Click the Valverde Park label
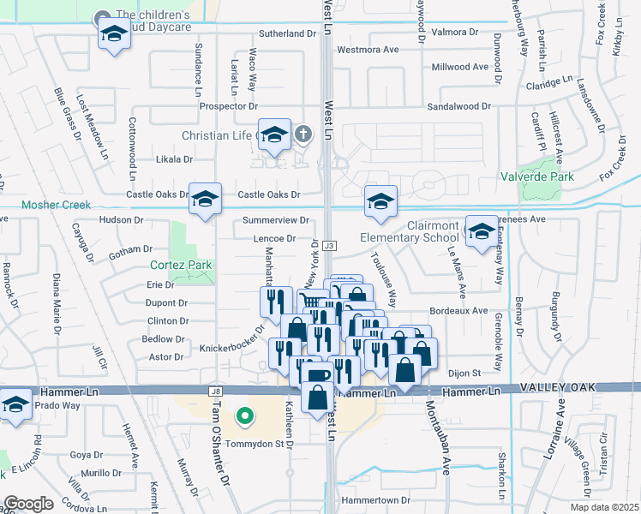coord(538,177)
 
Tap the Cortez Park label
coord(181,265)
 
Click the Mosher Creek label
coord(55,206)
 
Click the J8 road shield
coord(214,391)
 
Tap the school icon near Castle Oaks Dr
coord(205,199)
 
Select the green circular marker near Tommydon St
coord(244,417)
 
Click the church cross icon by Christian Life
coord(303,134)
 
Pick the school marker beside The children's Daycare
coord(113,34)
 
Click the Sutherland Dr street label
coord(288,33)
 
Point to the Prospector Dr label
coord(228,106)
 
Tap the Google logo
coord(28,504)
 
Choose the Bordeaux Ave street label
coord(458,310)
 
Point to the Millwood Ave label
coord(461,66)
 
